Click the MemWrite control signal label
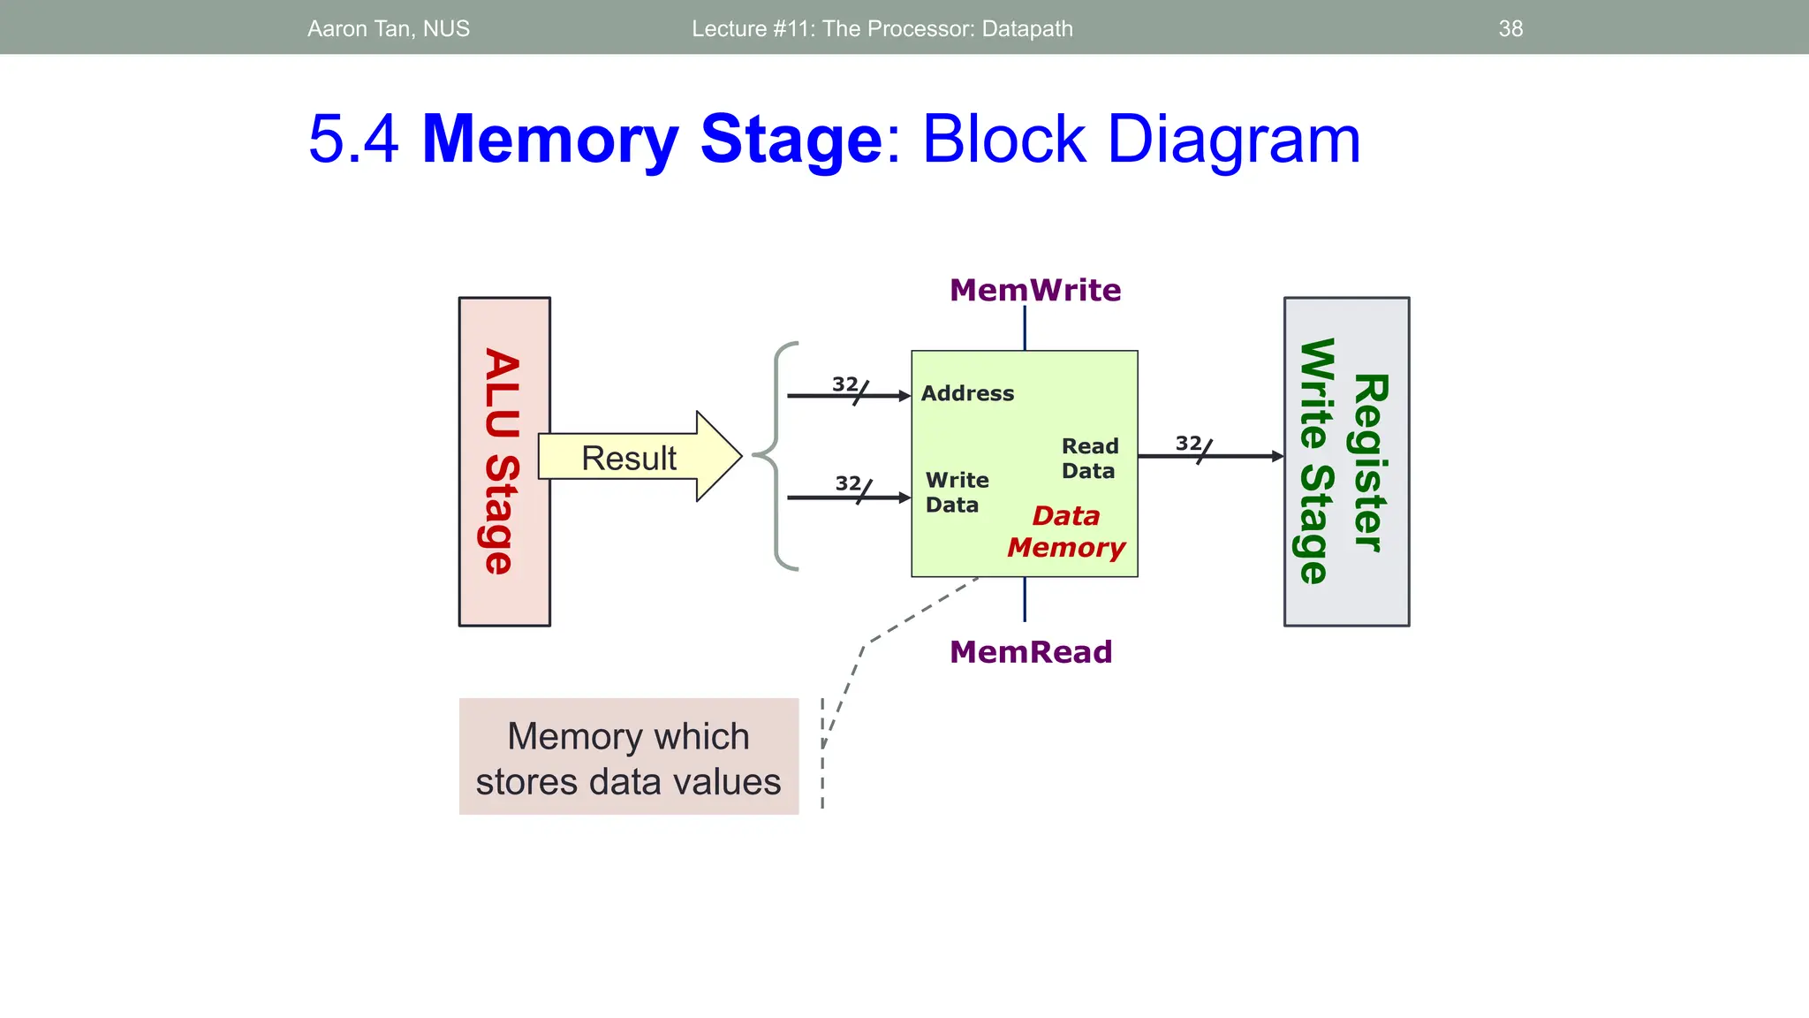coord(1034,290)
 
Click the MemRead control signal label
coord(1030,652)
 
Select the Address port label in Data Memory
coord(967,393)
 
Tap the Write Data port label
coord(957,492)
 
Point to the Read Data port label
coord(1089,458)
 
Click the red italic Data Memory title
coord(1066,531)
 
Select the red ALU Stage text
coord(502,461)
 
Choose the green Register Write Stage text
coord(1344,461)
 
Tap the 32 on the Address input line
coord(844,384)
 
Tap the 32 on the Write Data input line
coord(848,483)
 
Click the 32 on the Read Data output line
coord(1188,443)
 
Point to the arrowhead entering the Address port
coord(904,396)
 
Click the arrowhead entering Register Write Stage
coord(1277,456)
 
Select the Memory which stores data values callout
coord(628,757)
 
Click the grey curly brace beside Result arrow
coord(776,456)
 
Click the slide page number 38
coord(1510,29)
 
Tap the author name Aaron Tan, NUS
coord(389,29)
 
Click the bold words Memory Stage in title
coord(651,140)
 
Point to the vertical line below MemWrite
coord(1025,328)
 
